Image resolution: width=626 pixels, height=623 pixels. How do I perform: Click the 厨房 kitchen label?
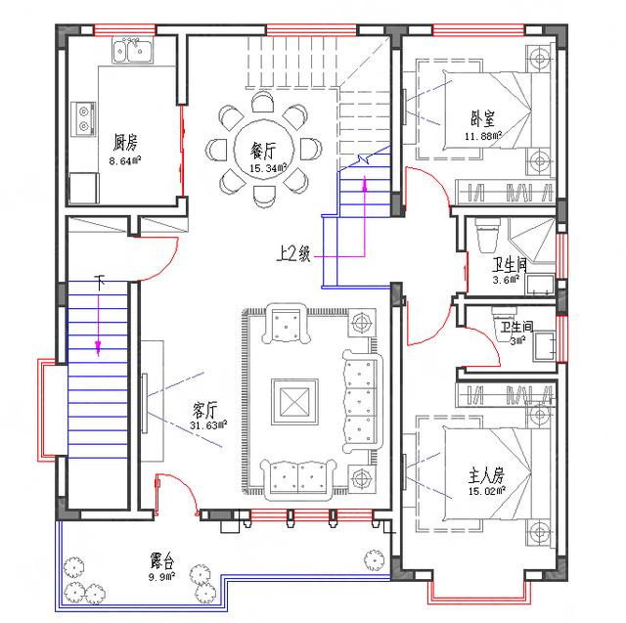(125, 143)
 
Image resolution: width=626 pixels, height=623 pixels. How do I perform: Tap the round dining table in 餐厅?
(264, 150)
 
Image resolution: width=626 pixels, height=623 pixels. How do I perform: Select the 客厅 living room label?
(205, 410)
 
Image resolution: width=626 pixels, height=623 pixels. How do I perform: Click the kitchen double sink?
(133, 50)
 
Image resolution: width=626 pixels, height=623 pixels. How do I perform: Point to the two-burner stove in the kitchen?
(84, 119)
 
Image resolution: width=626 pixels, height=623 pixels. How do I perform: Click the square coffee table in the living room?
(294, 402)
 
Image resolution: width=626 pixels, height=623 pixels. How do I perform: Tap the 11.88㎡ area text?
(483, 136)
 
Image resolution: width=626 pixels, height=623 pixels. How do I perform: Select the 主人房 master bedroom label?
(486, 475)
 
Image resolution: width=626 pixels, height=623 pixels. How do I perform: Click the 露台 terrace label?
(162, 561)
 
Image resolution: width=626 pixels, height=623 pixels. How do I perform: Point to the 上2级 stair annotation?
(293, 254)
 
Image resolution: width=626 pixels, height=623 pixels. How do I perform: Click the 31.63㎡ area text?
(208, 425)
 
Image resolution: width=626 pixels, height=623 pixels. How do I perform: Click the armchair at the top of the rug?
(286, 324)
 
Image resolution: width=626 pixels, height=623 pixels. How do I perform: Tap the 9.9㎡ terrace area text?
(162, 576)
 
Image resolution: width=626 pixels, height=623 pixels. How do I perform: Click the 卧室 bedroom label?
(482, 119)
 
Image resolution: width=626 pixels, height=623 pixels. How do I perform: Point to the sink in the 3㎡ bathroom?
(544, 346)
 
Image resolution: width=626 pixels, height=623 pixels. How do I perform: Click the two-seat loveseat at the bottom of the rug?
(297, 479)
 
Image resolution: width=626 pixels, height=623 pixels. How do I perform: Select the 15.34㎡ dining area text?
(268, 168)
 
